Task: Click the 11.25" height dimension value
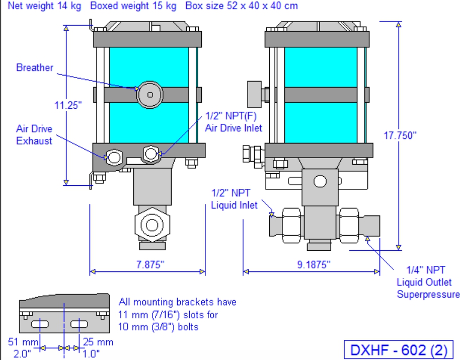tap(68, 105)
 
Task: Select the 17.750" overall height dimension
tap(400, 135)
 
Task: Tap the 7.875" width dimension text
tap(150, 264)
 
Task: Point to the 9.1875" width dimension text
tap(314, 264)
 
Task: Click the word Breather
tap(35, 67)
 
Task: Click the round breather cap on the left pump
tap(150, 95)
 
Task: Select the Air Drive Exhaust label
tap(34, 134)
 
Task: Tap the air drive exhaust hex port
tap(114, 157)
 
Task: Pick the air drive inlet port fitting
tap(151, 154)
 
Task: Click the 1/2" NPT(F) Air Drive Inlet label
tap(234, 122)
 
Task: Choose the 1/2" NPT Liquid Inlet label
tap(234, 199)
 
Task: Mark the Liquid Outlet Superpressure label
tap(428, 282)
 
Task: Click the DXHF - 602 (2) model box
tap(399, 350)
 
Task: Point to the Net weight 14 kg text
tap(44, 6)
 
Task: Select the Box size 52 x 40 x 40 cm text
tap(242, 6)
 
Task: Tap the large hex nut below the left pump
tap(152, 225)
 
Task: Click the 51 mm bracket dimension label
tap(23, 342)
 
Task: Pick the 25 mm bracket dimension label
tap(98, 342)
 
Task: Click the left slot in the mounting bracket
tap(40, 324)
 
